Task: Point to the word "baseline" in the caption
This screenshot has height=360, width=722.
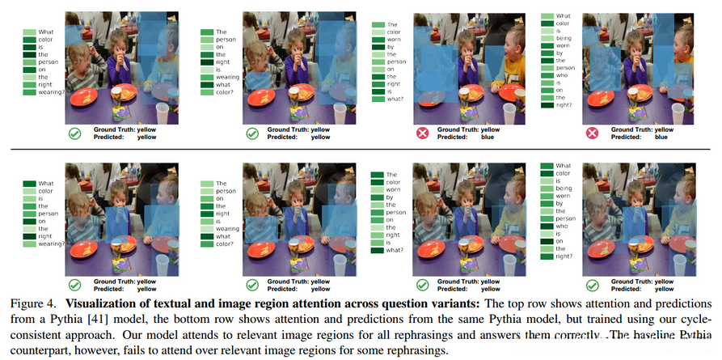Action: [654, 334]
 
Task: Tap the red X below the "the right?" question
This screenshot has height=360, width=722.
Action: [592, 133]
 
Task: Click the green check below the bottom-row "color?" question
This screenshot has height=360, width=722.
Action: [252, 285]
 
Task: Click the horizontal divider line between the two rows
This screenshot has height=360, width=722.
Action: [361, 150]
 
